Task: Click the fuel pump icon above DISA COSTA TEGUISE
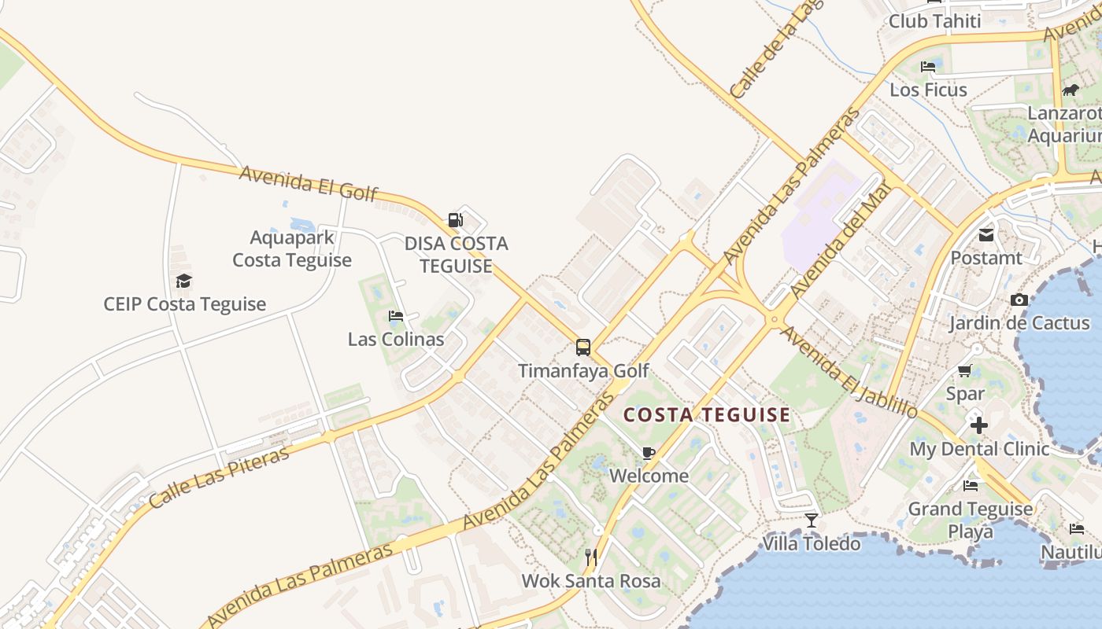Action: (456, 219)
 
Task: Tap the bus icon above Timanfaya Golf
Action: (583, 348)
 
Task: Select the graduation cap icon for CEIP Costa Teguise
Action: (183, 281)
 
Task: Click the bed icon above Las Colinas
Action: (396, 316)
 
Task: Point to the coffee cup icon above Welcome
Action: (648, 453)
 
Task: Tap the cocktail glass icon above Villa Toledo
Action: (812, 520)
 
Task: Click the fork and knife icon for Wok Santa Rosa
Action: (591, 558)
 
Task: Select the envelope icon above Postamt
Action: (986, 234)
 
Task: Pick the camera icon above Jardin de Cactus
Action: (1019, 300)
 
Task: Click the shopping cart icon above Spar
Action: (965, 370)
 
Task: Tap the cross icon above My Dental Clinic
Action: (978, 425)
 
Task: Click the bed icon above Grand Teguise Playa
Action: (971, 485)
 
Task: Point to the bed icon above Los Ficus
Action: (928, 66)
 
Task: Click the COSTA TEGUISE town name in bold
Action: (706, 415)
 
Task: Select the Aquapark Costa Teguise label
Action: (292, 248)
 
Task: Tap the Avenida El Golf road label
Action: (309, 183)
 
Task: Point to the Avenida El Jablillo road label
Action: (849, 372)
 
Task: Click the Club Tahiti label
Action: (934, 21)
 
